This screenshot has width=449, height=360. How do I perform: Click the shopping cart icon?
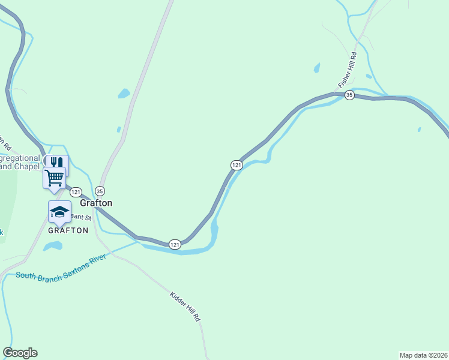(54, 178)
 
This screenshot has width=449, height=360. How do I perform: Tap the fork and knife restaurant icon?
(56, 163)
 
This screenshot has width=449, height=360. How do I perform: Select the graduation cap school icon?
(59, 211)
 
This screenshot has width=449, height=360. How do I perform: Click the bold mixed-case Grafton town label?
(97, 203)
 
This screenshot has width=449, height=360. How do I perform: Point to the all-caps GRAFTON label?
(68, 230)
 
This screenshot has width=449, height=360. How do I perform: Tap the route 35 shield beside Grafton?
(100, 191)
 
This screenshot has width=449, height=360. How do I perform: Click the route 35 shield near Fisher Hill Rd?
(350, 95)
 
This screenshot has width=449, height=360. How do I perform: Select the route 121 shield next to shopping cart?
(76, 192)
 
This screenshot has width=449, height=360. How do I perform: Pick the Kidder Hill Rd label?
(185, 307)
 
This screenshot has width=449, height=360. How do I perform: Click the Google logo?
(20, 353)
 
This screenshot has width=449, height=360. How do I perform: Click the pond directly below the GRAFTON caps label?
(53, 246)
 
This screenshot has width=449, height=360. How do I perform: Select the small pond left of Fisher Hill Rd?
(317, 68)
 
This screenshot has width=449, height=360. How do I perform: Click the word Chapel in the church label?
(26, 166)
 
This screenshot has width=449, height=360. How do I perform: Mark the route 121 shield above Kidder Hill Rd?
(175, 244)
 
